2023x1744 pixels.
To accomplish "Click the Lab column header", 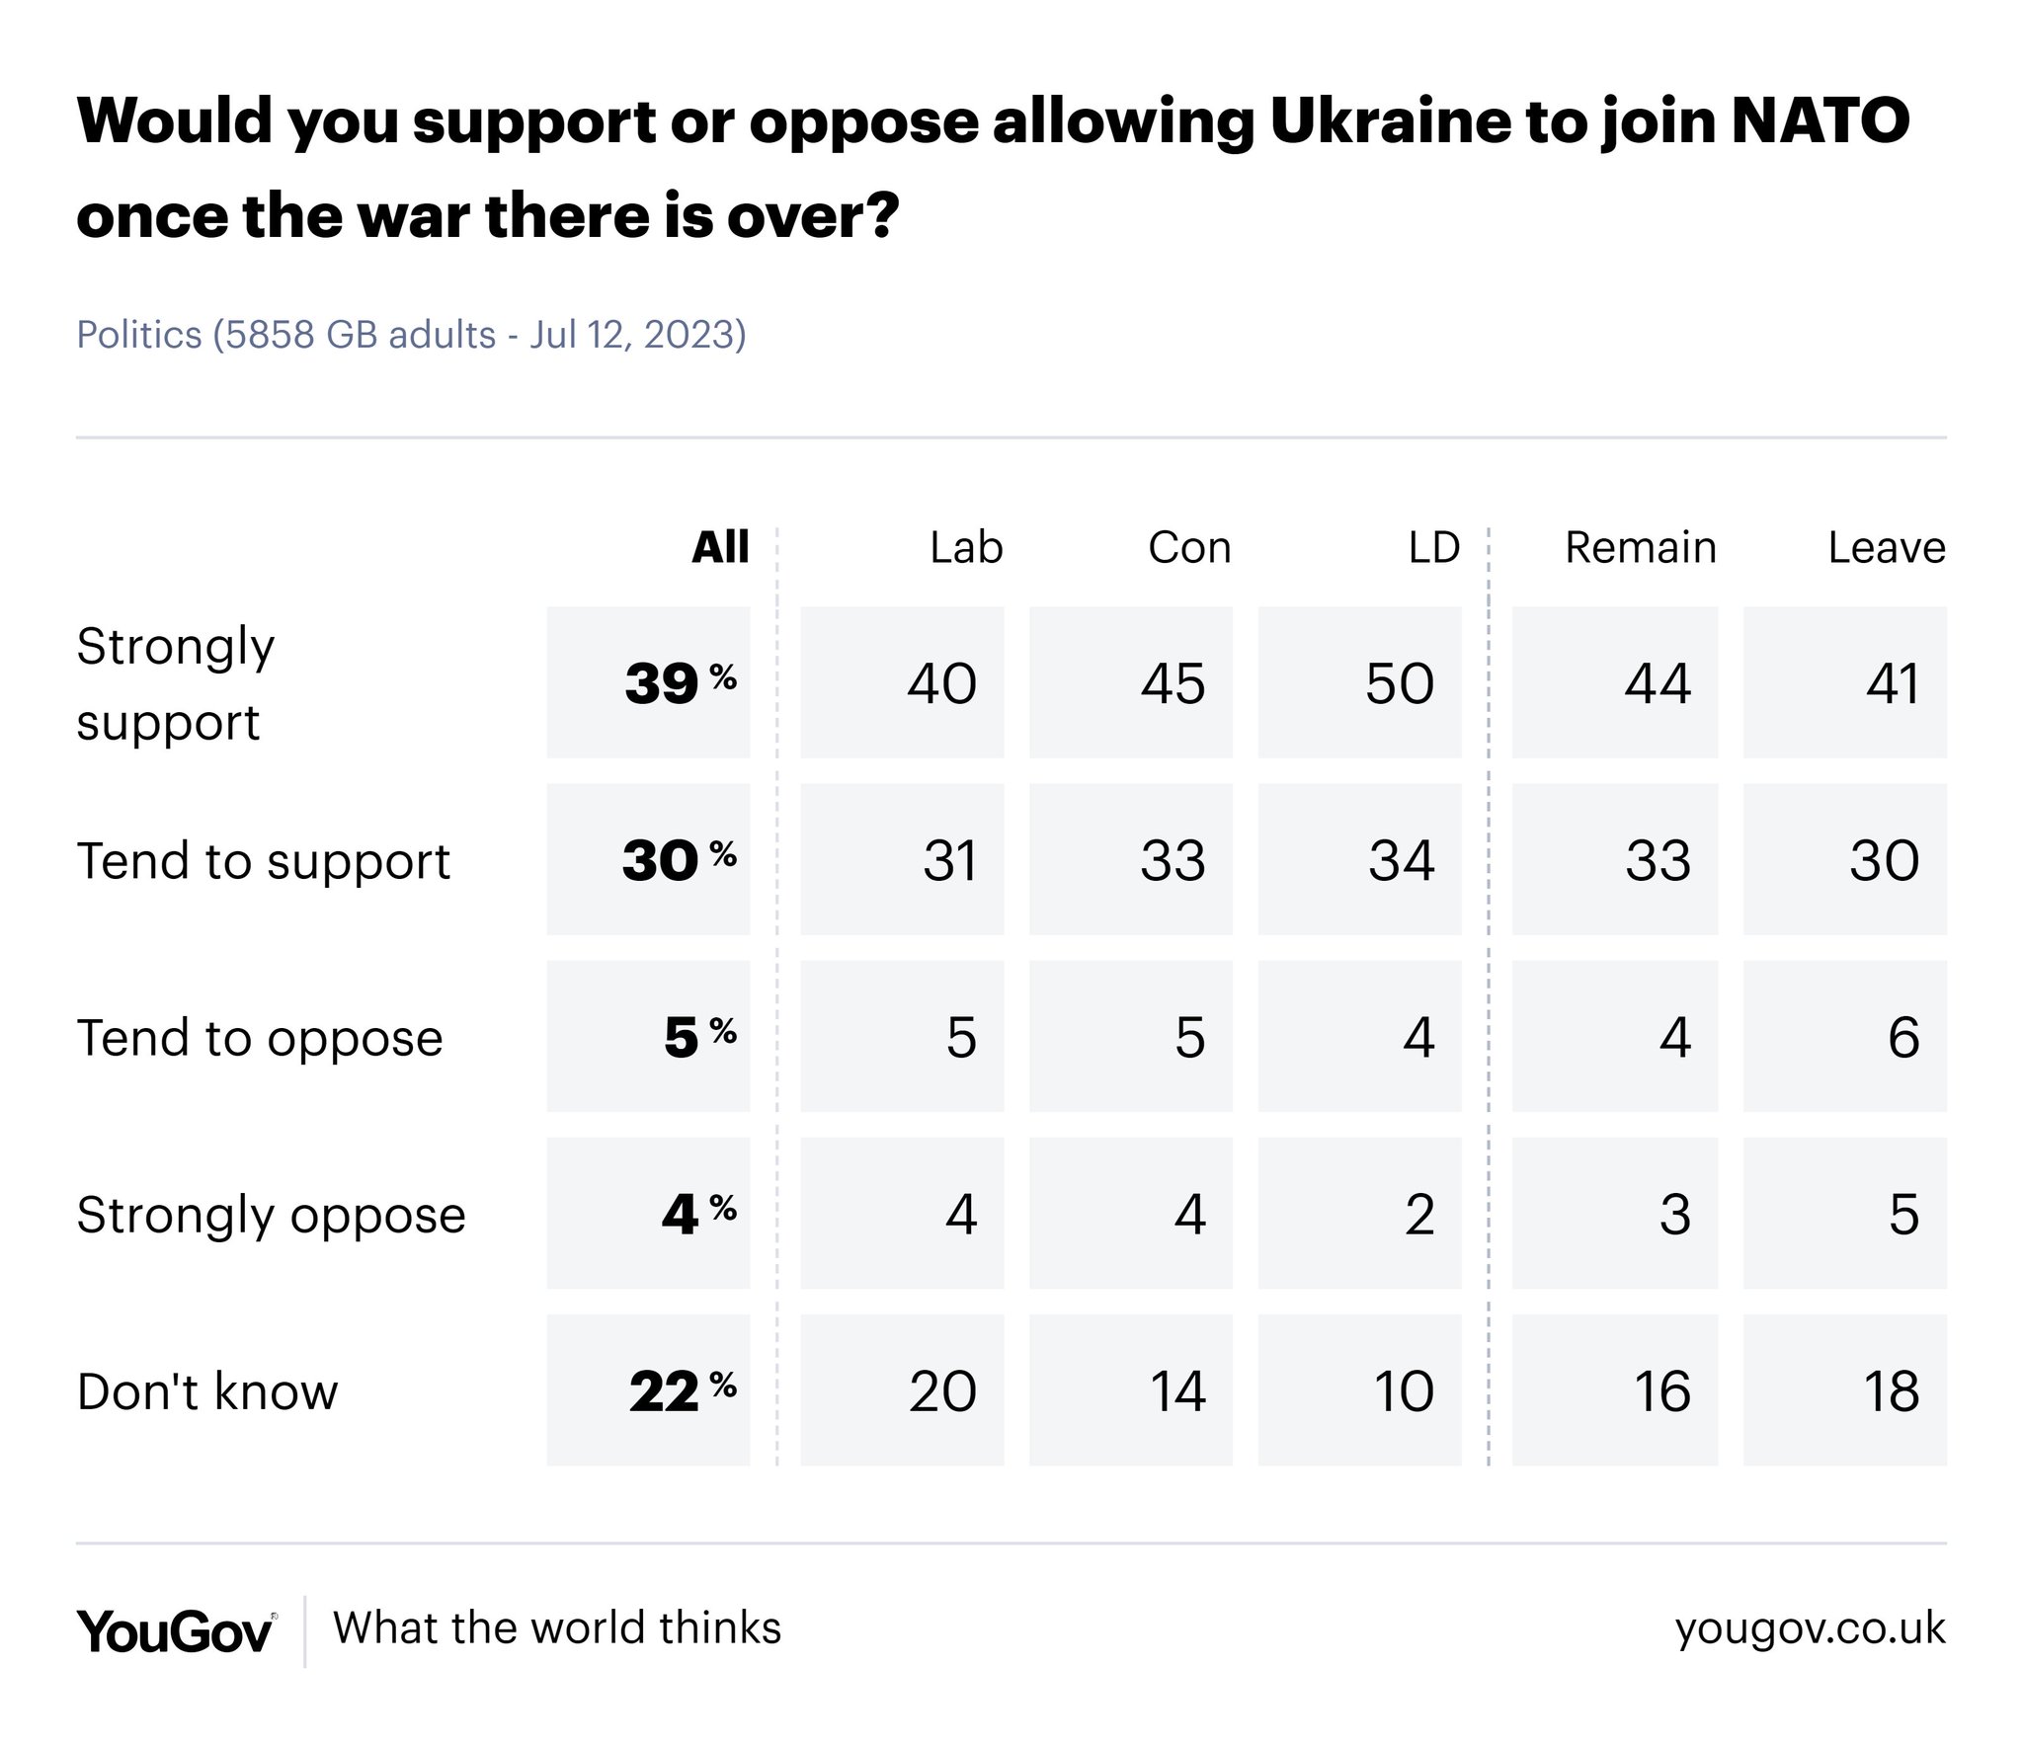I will (965, 547).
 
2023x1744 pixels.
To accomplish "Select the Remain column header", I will (1640, 547).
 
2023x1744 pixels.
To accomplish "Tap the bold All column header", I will (720, 547).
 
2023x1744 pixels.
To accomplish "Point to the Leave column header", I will (1886, 547).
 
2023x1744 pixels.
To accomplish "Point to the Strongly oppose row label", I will (271, 1215).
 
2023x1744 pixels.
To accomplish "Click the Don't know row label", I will (207, 1391).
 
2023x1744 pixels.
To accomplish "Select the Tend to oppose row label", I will (260, 1038).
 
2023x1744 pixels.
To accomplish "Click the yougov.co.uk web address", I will (1810, 1628).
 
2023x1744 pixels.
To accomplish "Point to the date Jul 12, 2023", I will (636, 335).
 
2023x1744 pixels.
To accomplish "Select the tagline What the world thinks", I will (557, 1628).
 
